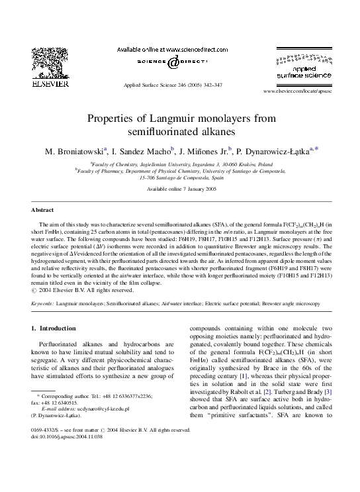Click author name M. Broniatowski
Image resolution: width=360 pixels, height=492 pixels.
(x=73, y=152)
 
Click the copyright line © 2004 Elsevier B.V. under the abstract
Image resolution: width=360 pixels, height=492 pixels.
(x=83, y=290)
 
